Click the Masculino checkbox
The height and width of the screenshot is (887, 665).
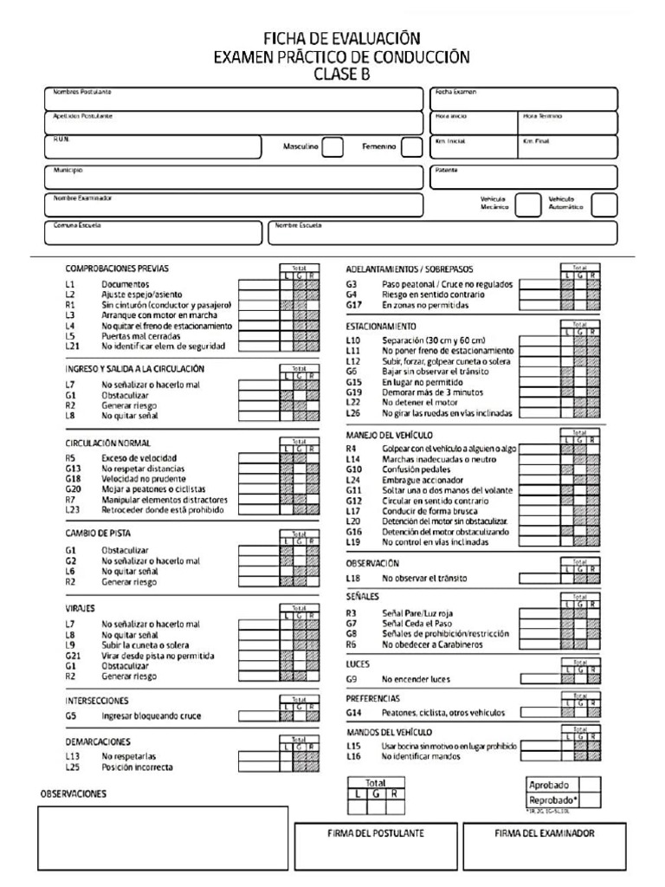[333, 146]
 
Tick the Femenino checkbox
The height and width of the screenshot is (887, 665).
[412, 146]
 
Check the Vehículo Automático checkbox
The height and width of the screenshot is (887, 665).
[604, 204]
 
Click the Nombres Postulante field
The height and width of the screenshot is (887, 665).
[233, 100]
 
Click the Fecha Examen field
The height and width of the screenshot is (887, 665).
[524, 100]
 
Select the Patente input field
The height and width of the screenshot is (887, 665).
[524, 178]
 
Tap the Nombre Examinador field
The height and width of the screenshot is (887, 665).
[233, 205]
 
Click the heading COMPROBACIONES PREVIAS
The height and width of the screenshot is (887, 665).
[117, 269]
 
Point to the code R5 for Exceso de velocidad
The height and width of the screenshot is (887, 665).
[71, 457]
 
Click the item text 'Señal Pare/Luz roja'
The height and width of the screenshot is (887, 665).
[423, 612]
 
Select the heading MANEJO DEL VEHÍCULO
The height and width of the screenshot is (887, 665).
[390, 435]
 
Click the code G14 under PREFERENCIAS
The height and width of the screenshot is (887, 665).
[352, 712]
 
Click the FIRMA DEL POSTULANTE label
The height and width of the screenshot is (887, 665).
[376, 833]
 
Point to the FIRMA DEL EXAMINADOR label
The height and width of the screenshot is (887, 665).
[545, 833]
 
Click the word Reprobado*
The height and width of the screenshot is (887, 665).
[552, 800]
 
